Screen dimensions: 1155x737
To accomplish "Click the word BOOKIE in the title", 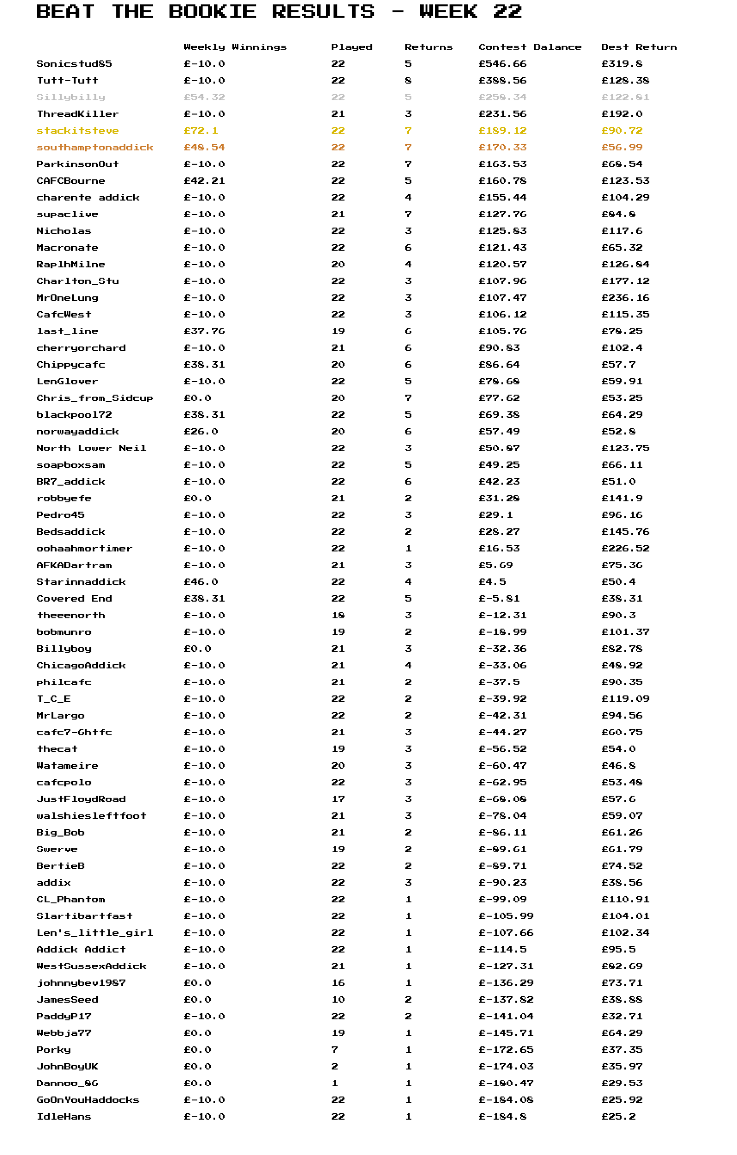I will click(x=212, y=11).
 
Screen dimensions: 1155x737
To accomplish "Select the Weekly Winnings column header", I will click(x=235, y=47).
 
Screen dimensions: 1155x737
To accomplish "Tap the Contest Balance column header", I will click(x=530, y=47).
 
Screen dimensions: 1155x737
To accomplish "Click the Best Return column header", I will click(x=639, y=47).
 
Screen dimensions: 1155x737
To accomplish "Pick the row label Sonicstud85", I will click(x=74, y=64).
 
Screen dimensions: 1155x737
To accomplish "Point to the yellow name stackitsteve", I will click(x=78, y=131).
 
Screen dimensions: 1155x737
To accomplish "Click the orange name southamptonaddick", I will click(x=95, y=147).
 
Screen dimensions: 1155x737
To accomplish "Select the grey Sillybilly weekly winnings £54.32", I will click(x=204, y=97).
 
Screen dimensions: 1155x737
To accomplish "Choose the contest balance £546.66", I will click(x=502, y=64).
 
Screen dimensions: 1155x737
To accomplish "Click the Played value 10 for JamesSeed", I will click(x=338, y=1000).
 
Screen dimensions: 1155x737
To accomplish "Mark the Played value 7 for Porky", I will click(x=335, y=1050).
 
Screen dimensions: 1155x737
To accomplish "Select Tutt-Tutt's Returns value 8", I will click(x=408, y=81).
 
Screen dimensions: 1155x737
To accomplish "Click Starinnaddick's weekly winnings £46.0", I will click(x=201, y=582).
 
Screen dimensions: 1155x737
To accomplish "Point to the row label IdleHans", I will click(x=64, y=1117).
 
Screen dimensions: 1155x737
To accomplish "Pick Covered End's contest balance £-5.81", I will click(x=499, y=599).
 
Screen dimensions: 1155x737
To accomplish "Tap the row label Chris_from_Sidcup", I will click(x=95, y=398).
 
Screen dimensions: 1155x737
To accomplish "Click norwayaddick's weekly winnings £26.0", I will click(x=201, y=432).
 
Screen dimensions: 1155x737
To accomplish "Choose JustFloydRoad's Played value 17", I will click(x=338, y=799).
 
